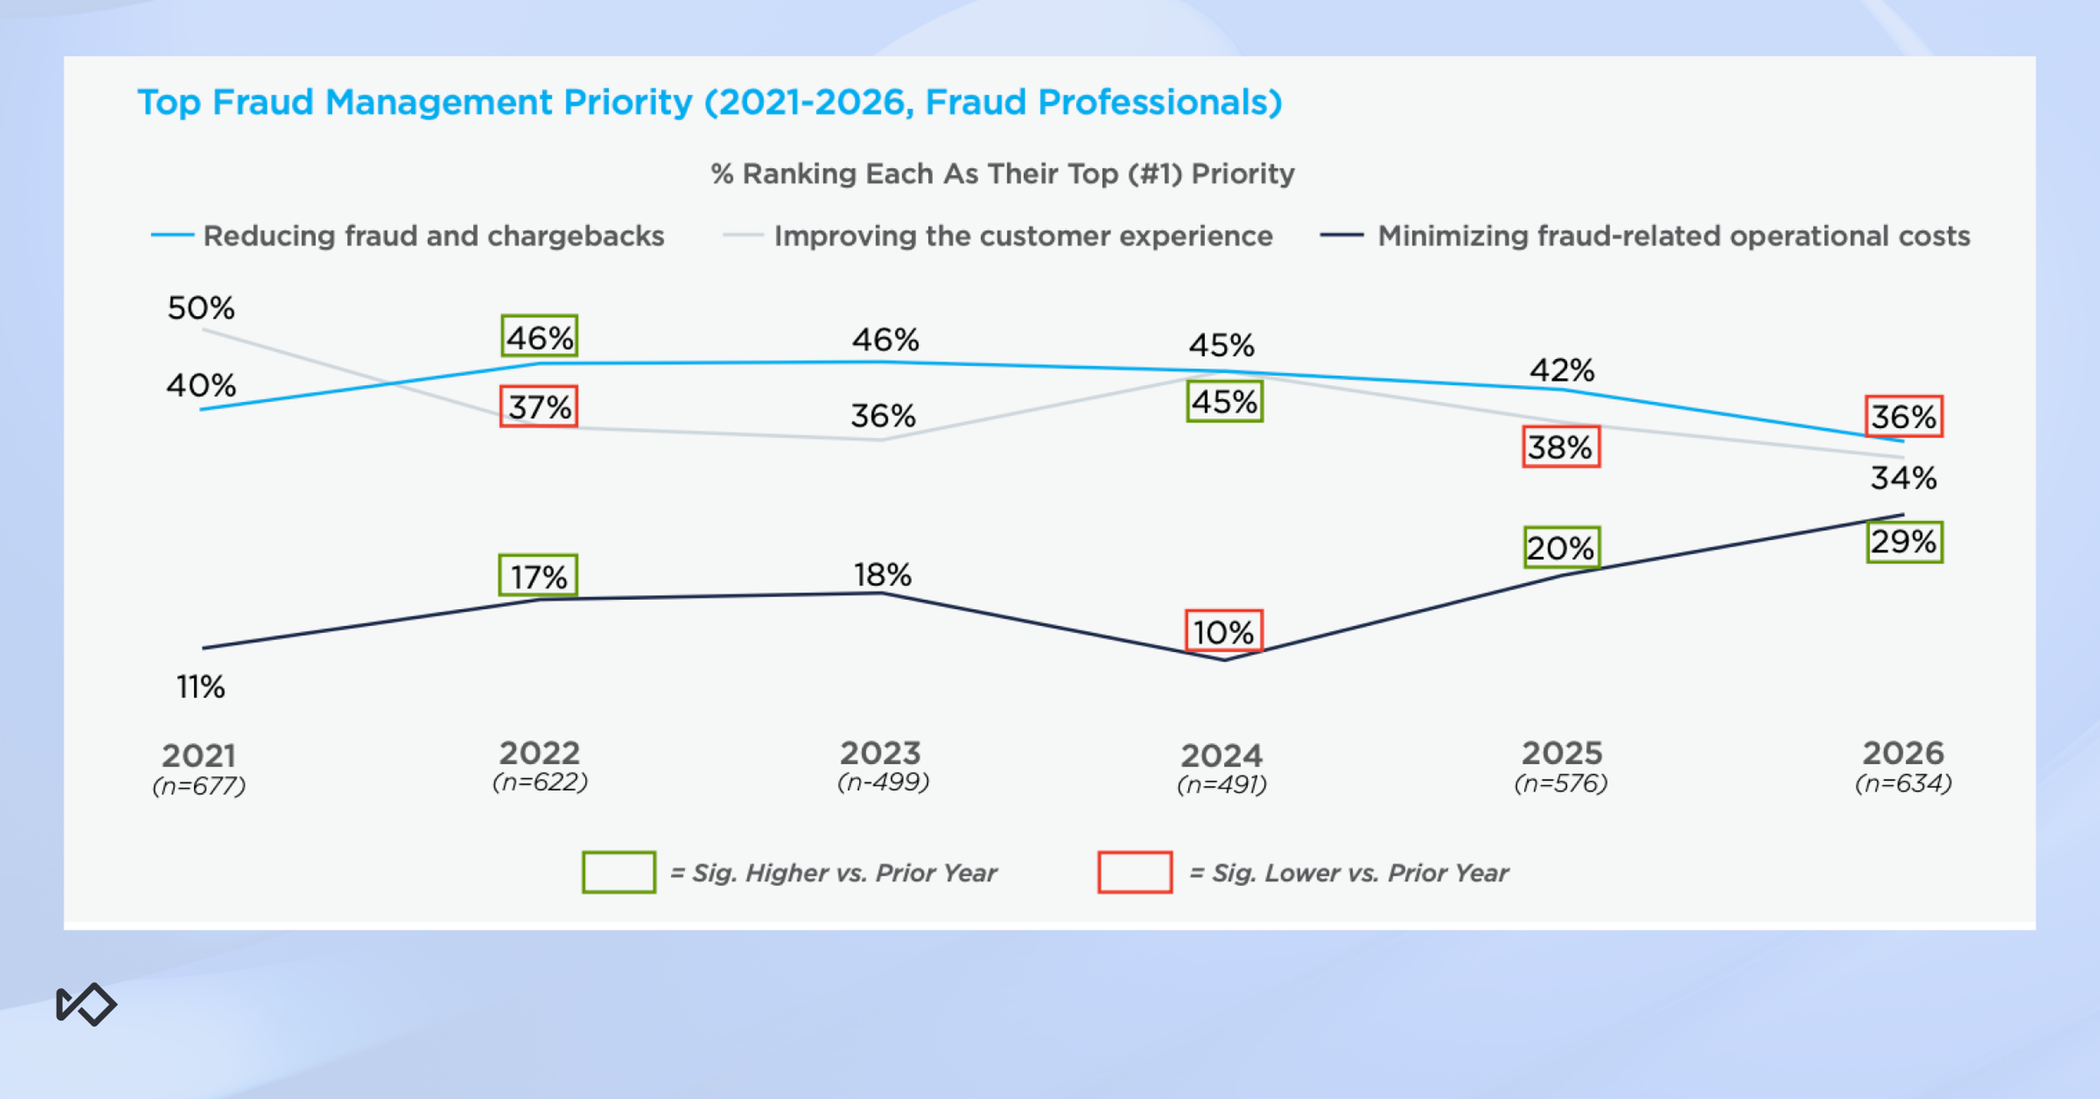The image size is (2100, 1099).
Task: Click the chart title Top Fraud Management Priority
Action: pos(709,103)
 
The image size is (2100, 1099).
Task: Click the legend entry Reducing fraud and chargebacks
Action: pos(433,236)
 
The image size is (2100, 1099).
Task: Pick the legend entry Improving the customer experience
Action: pos(1022,236)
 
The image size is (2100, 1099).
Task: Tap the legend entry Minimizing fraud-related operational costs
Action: pos(1673,236)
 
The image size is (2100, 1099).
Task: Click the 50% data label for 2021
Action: pos(201,308)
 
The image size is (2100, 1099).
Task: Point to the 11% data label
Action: pos(201,687)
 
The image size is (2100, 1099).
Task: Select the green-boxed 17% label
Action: pos(538,576)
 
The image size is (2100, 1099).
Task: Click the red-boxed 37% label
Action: pos(539,406)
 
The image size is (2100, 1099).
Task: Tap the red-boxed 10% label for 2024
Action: pos(1223,631)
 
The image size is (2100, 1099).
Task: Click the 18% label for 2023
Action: pos(882,575)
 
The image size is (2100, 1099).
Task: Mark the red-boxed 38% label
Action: pos(1560,447)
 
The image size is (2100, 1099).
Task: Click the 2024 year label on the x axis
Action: pos(1221,756)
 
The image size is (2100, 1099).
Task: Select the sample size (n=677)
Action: pos(199,786)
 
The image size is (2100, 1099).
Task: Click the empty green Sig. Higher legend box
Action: pos(619,872)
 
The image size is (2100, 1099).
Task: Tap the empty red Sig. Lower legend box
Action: pos(1135,872)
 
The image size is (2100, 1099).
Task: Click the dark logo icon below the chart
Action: pos(86,1004)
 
